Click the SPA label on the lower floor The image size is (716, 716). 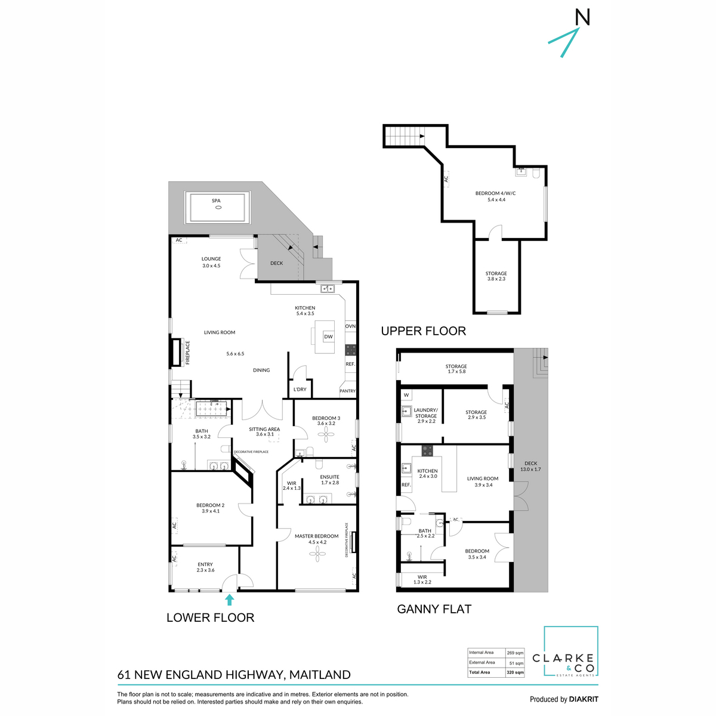[216, 201]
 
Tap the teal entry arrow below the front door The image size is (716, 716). [229, 600]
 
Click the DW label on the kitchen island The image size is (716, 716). [328, 337]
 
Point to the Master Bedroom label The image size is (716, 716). [316, 536]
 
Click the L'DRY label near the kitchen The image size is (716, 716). [300, 390]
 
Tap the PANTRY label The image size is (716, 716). [347, 391]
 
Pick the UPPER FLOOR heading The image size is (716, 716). [423, 331]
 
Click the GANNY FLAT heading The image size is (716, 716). [434, 609]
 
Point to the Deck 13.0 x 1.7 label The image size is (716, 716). [530, 466]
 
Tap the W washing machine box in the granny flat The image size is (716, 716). [406, 395]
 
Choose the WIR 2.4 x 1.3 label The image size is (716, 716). [292, 486]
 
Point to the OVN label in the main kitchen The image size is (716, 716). [350, 326]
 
